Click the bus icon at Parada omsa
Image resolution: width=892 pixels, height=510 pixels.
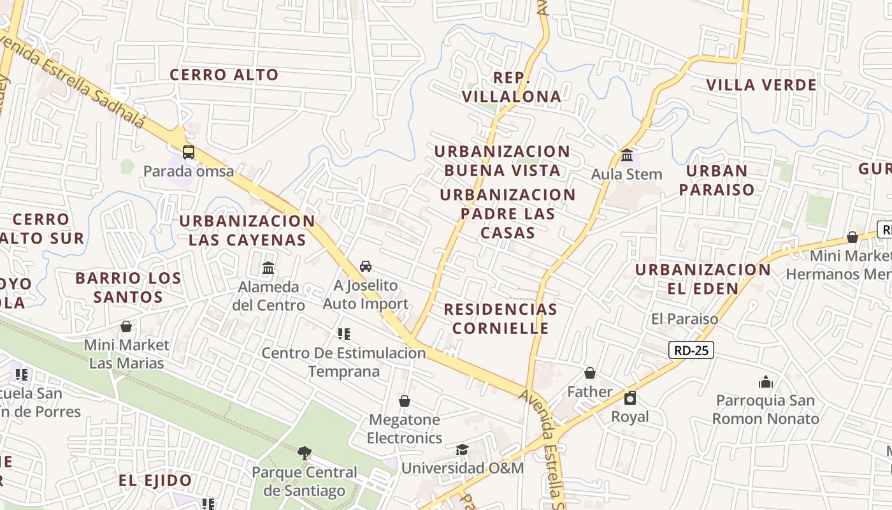coord(188,152)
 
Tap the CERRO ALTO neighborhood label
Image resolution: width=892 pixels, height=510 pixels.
coord(224,75)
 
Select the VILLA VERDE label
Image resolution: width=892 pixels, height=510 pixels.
coord(761,85)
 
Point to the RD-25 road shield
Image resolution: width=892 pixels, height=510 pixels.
coord(691,349)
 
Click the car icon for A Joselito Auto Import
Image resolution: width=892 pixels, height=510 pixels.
coord(365,266)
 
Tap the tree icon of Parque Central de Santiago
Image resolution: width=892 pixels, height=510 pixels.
coord(305,453)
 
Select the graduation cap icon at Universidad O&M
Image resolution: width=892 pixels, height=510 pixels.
coord(462,450)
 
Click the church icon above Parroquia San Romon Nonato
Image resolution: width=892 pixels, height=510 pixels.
coord(765,382)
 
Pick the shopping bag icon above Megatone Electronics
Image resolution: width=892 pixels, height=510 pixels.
coord(404,401)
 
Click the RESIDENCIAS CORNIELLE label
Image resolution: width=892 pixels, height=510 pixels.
coord(500,319)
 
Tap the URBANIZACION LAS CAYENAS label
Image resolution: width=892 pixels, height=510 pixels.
coord(247,231)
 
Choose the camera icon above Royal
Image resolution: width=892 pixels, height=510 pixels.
coord(630,398)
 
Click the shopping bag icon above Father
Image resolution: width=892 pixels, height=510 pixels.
coord(590,373)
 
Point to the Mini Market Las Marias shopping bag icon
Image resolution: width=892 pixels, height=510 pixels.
coord(126,326)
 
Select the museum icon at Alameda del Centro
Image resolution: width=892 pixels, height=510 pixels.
coord(268,268)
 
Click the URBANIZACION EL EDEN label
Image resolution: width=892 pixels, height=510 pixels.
coord(703,279)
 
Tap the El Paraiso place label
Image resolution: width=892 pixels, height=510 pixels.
coord(684,319)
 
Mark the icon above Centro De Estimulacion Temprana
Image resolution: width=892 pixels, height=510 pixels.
coord(344,334)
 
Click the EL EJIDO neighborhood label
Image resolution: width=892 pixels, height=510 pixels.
coord(155,481)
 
